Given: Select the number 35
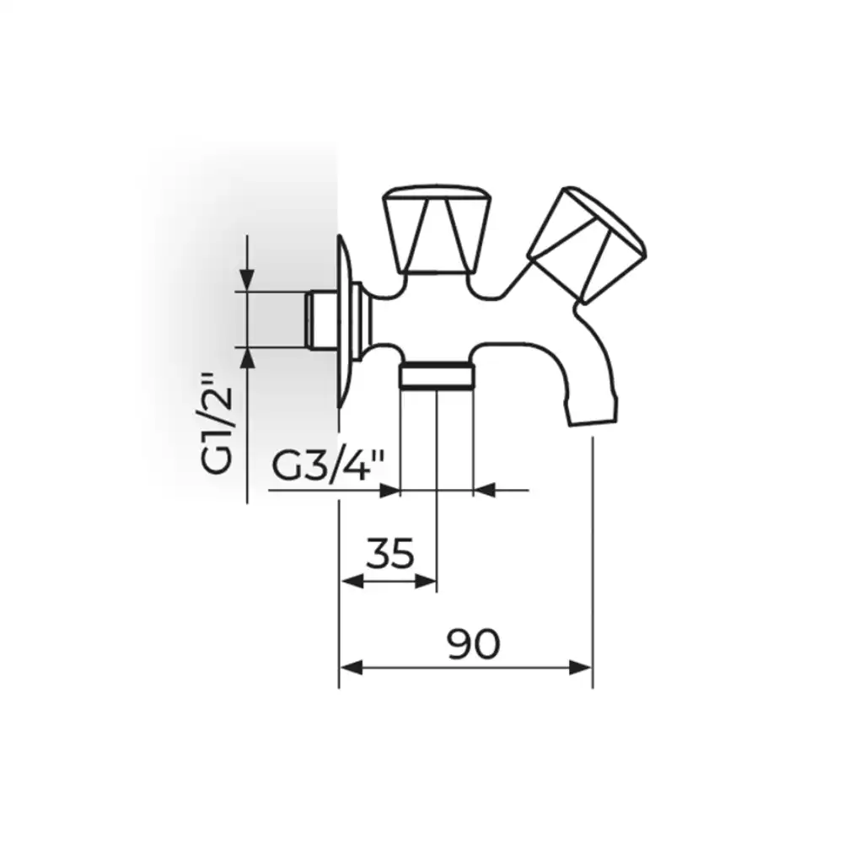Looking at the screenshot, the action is [390, 553].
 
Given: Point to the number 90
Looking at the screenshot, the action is [474, 643].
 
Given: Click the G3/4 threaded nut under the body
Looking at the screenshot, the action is [437, 374].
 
